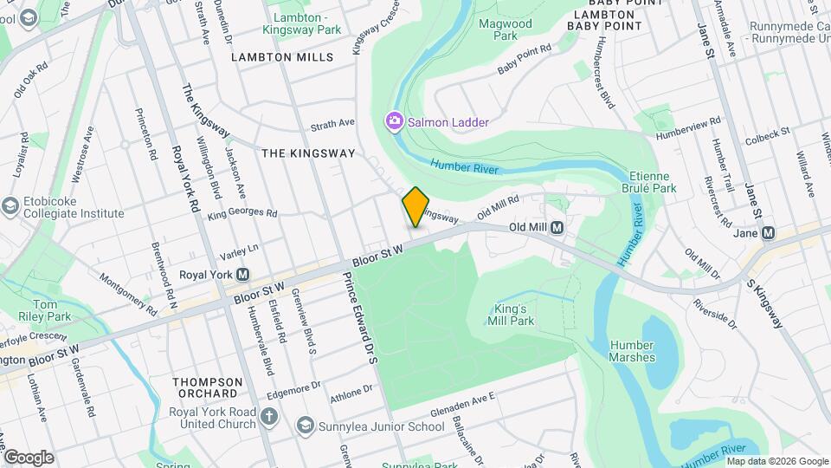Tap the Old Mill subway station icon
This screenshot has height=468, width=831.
click(558, 228)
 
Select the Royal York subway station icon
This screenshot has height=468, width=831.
click(244, 275)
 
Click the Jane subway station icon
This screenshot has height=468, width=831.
click(768, 232)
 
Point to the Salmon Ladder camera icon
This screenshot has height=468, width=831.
click(395, 122)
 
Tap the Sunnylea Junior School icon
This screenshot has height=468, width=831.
click(305, 426)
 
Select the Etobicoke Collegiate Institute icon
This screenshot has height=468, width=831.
click(10, 205)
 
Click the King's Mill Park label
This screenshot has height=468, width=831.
click(515, 315)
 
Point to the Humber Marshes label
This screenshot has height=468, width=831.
click(632, 351)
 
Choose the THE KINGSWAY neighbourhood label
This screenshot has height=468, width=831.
click(308, 153)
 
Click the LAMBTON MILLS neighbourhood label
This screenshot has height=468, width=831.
click(282, 57)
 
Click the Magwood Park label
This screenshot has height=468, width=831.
click(506, 29)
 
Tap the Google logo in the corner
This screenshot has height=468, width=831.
click(28, 457)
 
